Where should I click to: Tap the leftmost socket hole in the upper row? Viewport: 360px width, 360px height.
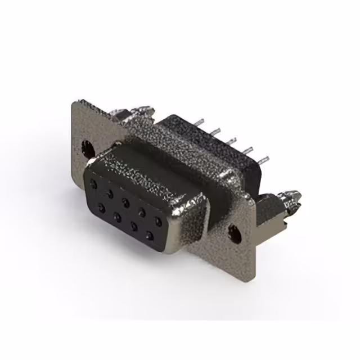point(94,183)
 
